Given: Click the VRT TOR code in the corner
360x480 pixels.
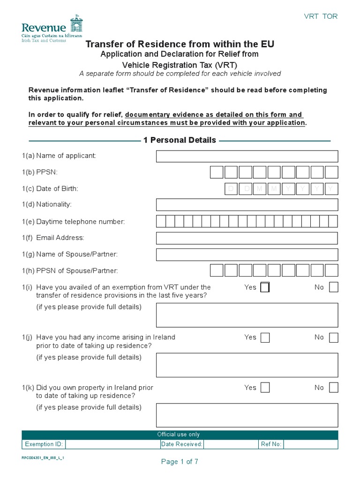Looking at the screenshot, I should (x=321, y=16).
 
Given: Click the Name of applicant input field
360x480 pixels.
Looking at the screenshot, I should (x=247, y=156).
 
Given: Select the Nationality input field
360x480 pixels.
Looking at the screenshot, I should (x=247, y=205).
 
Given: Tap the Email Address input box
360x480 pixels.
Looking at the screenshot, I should (x=247, y=238).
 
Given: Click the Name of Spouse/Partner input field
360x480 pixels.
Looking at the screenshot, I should (x=247, y=255).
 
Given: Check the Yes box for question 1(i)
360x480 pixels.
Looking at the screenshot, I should (x=265, y=287).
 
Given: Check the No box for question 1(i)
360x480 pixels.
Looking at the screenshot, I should (x=333, y=287).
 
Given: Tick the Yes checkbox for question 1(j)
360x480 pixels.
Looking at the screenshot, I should (x=265, y=337).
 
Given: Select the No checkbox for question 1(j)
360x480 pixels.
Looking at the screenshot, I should (x=333, y=337).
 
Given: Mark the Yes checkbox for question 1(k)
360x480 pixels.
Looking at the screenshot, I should (x=265, y=388).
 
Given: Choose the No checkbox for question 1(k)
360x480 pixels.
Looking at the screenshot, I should (x=333, y=388).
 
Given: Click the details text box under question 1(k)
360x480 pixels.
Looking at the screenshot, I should (x=247, y=415).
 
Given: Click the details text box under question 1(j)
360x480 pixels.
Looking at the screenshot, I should (x=247, y=365).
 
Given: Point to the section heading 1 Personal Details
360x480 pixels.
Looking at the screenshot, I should (x=180, y=140).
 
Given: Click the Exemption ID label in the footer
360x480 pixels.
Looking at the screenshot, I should (x=44, y=444).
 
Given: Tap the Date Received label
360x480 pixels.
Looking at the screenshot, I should (x=182, y=444).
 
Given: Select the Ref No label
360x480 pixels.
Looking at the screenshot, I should (x=271, y=444).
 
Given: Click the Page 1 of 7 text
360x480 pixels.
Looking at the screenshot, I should (x=180, y=462).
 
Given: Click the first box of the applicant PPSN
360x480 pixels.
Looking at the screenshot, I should (x=217, y=172).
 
